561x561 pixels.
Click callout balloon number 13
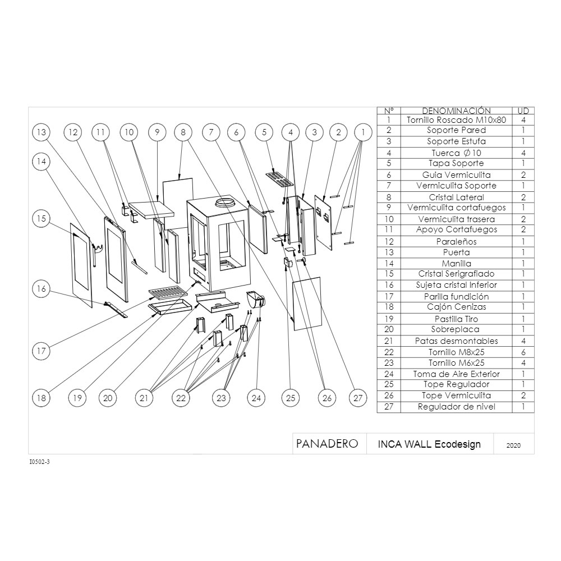[x=42, y=132]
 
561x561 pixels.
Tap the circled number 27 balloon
[x=358, y=398]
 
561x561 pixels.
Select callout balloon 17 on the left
[x=42, y=351]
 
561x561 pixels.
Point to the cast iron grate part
[x=168, y=293]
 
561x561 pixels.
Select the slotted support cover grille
[x=279, y=180]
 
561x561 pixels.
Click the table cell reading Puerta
[x=456, y=252]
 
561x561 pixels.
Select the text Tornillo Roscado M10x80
[x=456, y=120]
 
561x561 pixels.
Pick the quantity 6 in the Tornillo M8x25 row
[x=523, y=352]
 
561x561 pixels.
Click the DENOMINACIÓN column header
[x=456, y=111]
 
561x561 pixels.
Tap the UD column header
[x=523, y=111]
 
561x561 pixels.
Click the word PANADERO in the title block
[x=327, y=444]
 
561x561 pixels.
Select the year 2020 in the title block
[x=513, y=445]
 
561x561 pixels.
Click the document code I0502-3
[x=39, y=462]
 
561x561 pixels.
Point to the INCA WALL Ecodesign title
[x=429, y=444]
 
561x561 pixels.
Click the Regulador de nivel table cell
[x=456, y=407]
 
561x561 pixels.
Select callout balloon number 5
[x=264, y=132]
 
